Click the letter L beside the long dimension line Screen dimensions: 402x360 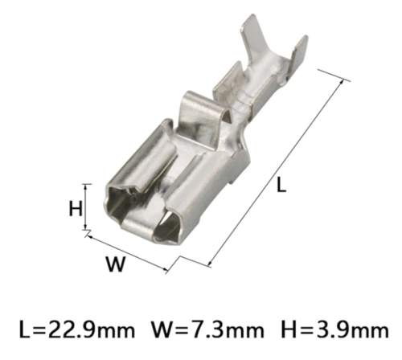click(281, 185)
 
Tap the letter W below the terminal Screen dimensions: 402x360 click(116, 264)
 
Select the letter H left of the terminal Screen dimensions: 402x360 click(76, 209)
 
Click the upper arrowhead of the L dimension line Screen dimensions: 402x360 click(341, 82)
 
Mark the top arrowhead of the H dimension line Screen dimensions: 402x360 click(85, 187)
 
